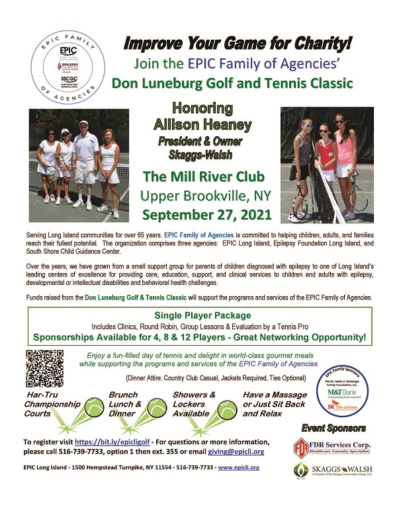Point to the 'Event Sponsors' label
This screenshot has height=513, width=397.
(x=333, y=428)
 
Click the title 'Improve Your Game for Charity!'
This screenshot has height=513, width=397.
(x=238, y=44)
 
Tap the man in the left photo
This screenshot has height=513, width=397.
(x=84, y=162)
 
